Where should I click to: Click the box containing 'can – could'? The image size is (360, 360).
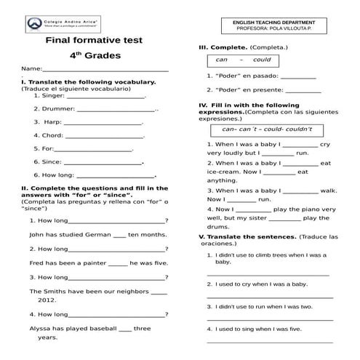coord(243,60)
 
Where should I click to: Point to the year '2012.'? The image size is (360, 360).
coord(47,300)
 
